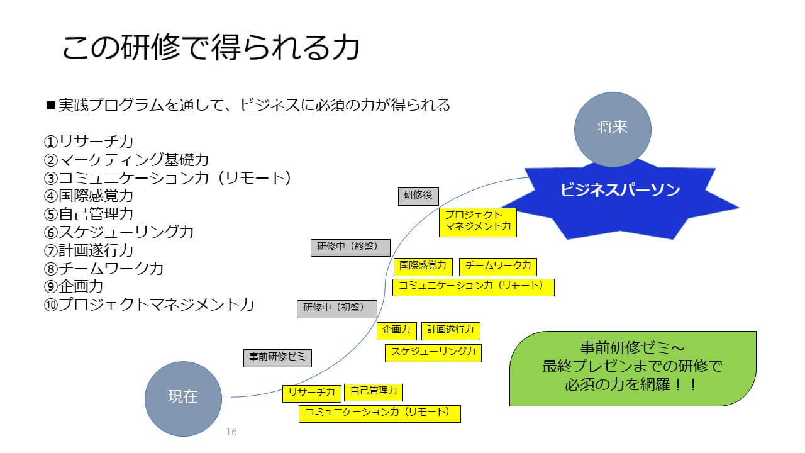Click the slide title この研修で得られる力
(x=211, y=48)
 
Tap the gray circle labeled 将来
(x=613, y=129)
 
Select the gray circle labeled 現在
(x=183, y=398)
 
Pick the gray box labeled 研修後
(x=418, y=196)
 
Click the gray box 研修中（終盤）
(x=350, y=247)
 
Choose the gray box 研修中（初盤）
(x=337, y=308)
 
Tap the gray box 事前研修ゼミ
(x=277, y=357)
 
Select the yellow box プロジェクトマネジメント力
(x=477, y=222)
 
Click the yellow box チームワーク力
(x=498, y=266)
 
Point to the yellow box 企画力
(x=396, y=330)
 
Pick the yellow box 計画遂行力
(x=451, y=330)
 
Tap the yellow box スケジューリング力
(x=433, y=352)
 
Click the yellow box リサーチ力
(x=311, y=393)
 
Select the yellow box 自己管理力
(x=374, y=392)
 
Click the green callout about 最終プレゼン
(x=632, y=368)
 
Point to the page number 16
(x=231, y=432)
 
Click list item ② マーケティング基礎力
(x=126, y=160)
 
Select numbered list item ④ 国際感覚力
(x=89, y=196)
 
